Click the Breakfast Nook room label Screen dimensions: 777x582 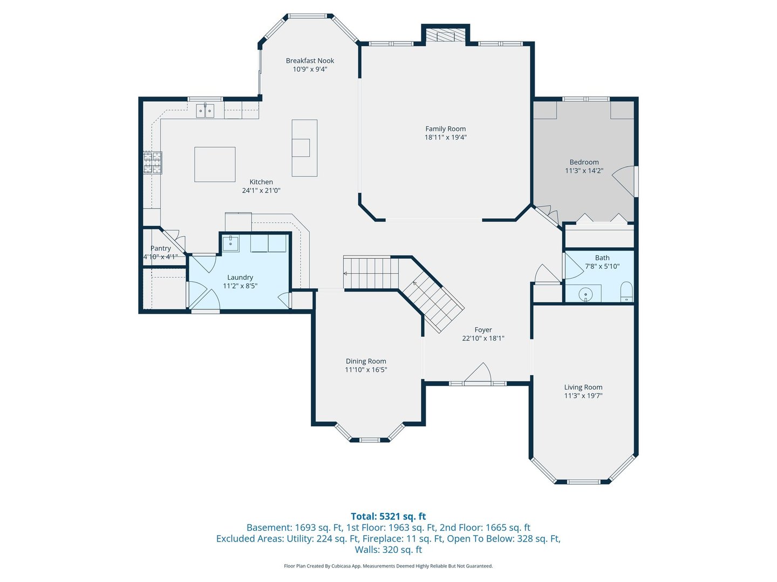coord(310,61)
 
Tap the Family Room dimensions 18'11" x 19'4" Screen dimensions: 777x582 coord(446,137)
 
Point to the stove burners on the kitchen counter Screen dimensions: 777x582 coord(153,163)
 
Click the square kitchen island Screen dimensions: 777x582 coord(215,164)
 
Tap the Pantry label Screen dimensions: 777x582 coord(161,248)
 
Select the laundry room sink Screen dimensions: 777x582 coord(230,242)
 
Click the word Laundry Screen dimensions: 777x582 coord(240,278)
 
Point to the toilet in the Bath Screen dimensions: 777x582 coord(626,292)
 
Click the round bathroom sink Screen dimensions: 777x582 coord(585,294)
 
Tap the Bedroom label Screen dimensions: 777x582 coord(584,162)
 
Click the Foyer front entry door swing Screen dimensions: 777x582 coord(479,373)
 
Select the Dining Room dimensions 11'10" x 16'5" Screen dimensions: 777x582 coord(366,370)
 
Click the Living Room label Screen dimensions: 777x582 coord(583,387)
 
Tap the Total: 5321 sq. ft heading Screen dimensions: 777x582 coord(388,517)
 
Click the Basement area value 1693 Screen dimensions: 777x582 coord(305,528)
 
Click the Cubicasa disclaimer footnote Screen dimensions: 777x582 coord(388,566)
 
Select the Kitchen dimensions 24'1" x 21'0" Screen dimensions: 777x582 coord(261,191)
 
